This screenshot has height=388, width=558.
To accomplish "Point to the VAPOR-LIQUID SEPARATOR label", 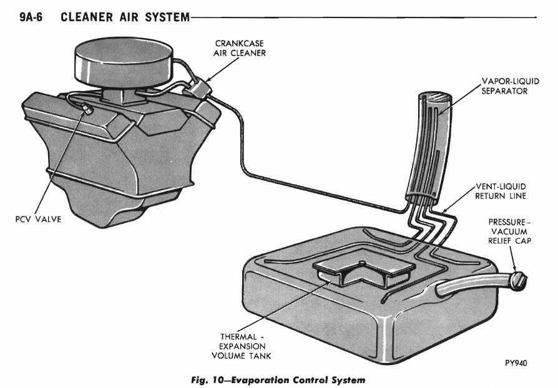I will [x=505, y=86].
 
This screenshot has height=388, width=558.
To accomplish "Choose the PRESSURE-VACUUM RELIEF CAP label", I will [x=510, y=231].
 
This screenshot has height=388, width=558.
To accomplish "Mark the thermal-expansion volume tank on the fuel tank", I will [x=363, y=269].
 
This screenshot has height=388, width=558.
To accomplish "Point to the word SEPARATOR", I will [x=505, y=91].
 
